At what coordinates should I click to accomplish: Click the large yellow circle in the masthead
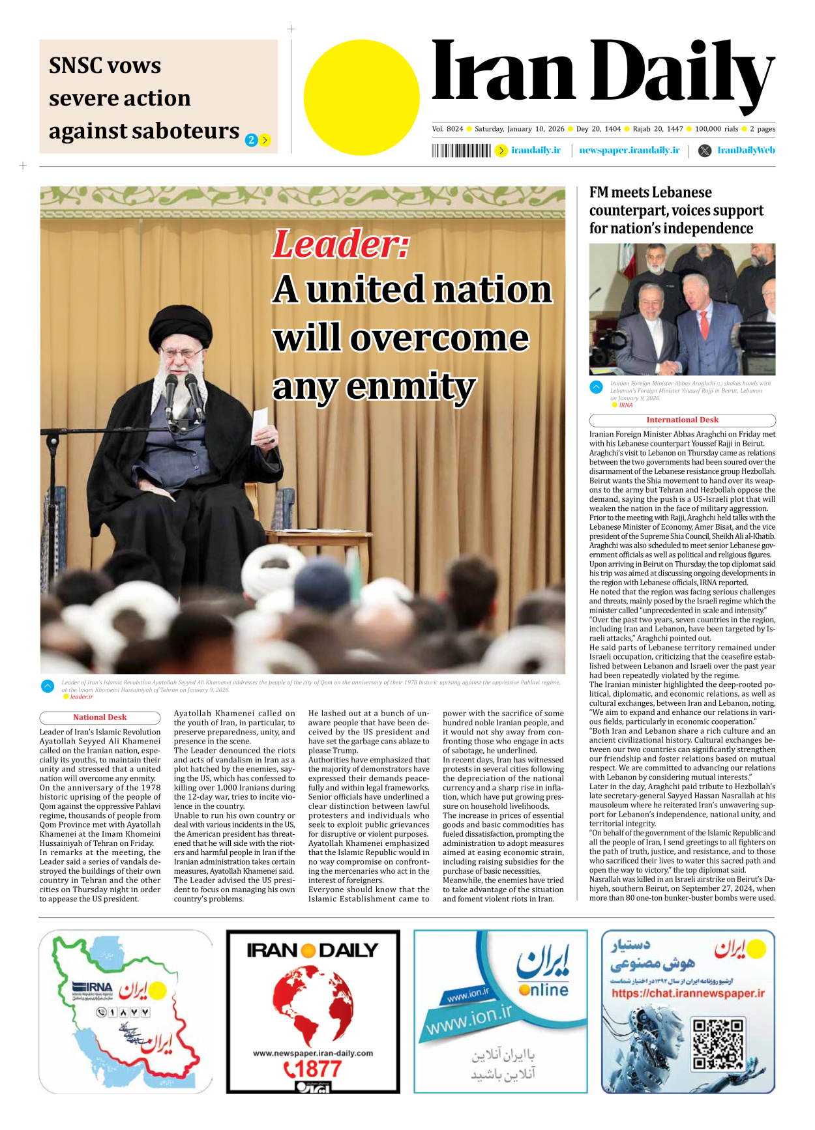[x=361, y=97]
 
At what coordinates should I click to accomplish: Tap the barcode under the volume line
[x=461, y=151]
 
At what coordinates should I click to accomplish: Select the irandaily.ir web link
[x=535, y=151]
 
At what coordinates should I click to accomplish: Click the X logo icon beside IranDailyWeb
[x=705, y=151]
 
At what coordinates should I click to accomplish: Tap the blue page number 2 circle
[x=251, y=140]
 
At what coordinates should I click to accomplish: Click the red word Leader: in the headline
[x=341, y=244]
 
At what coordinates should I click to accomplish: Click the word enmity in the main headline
[x=411, y=386]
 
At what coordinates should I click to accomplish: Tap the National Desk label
[x=100, y=717]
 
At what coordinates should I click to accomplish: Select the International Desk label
[x=682, y=420]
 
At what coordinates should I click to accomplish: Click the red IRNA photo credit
[x=625, y=405]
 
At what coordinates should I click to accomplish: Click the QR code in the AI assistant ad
[x=717, y=1045]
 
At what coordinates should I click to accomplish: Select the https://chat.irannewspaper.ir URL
[x=688, y=993]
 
